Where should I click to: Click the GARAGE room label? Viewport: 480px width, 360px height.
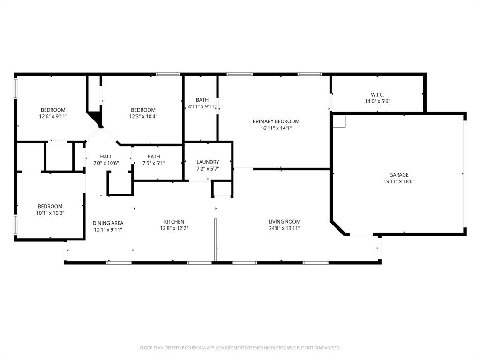click(x=399, y=175)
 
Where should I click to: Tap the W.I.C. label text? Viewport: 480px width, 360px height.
click(x=377, y=95)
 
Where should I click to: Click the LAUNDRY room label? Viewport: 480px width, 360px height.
click(x=208, y=162)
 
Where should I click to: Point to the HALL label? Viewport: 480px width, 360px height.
click(x=106, y=157)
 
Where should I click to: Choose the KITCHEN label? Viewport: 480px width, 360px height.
click(x=174, y=222)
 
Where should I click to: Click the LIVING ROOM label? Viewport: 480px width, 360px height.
click(x=284, y=222)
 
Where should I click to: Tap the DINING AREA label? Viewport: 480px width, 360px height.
click(x=108, y=223)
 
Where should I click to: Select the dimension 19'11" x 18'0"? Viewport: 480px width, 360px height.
click(x=399, y=181)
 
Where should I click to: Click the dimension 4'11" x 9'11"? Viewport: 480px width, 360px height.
click(x=202, y=106)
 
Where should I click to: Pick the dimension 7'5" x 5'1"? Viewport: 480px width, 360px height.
click(x=153, y=163)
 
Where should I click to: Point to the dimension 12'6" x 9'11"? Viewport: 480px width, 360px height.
click(x=52, y=116)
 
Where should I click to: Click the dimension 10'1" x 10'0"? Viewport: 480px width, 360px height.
click(x=50, y=213)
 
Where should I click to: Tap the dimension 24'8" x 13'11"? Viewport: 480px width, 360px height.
click(x=284, y=228)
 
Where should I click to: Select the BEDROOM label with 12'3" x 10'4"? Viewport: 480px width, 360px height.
click(x=142, y=110)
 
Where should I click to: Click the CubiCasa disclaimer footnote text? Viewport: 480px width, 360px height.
click(x=240, y=348)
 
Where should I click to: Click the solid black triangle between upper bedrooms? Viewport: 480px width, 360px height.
click(x=96, y=118)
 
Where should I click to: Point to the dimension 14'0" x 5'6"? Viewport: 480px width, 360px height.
click(x=377, y=101)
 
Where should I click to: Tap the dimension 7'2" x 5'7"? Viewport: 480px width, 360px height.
click(x=208, y=169)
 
